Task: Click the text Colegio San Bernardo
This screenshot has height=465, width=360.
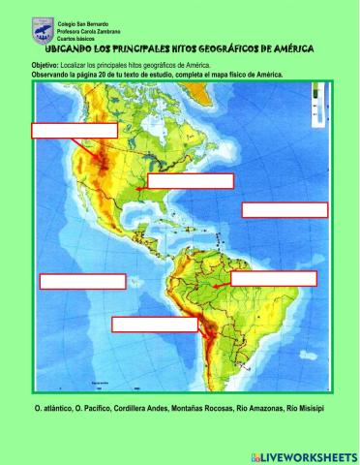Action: (83, 21)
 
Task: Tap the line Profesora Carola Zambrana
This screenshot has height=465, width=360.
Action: (90, 30)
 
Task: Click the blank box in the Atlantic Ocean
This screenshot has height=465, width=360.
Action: (285, 209)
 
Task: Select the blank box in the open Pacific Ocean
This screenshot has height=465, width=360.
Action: (82, 281)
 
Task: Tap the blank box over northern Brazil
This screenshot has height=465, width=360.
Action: (273, 278)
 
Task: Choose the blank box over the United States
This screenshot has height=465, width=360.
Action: (190, 180)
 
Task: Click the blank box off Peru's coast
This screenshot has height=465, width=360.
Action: (154, 324)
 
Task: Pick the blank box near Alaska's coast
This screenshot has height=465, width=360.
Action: (75, 130)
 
